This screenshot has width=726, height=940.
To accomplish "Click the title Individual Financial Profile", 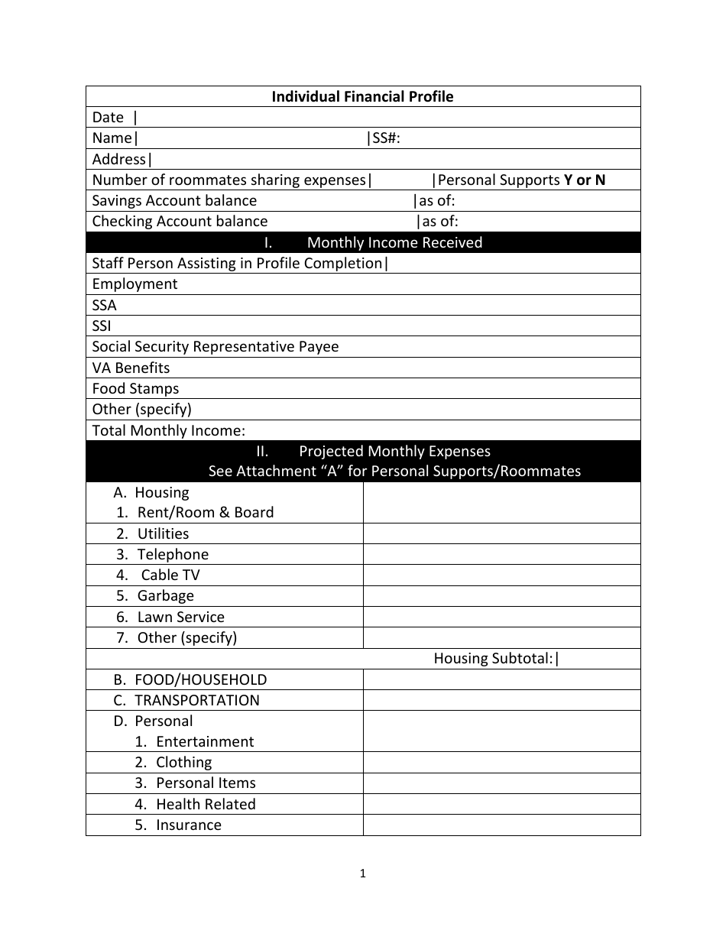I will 362,96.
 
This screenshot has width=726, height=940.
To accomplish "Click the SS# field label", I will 386,138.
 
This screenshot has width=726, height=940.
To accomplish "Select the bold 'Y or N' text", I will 585,180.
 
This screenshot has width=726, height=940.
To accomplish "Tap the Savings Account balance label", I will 174,201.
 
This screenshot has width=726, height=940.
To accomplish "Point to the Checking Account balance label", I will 180,222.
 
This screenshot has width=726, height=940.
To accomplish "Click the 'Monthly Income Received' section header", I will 394,243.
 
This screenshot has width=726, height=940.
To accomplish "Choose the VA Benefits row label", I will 131,368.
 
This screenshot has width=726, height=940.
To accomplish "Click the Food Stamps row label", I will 135,388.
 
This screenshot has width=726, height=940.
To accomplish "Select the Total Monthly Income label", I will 168,430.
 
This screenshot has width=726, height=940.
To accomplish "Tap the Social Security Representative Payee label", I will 215,347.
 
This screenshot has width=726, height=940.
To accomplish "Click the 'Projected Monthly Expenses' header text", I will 394,451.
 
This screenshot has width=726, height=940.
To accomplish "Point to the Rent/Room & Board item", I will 205,513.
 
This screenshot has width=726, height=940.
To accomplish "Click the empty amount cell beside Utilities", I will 501,533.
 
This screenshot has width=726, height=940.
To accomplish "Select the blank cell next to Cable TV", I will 501,575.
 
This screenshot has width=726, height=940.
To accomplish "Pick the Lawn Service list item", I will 180,617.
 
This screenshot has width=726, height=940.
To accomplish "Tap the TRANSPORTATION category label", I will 196,701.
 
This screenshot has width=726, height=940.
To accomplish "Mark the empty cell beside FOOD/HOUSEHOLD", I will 501,680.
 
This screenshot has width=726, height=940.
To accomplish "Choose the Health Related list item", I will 205,804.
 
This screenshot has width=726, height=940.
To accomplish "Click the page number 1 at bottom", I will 363,874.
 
